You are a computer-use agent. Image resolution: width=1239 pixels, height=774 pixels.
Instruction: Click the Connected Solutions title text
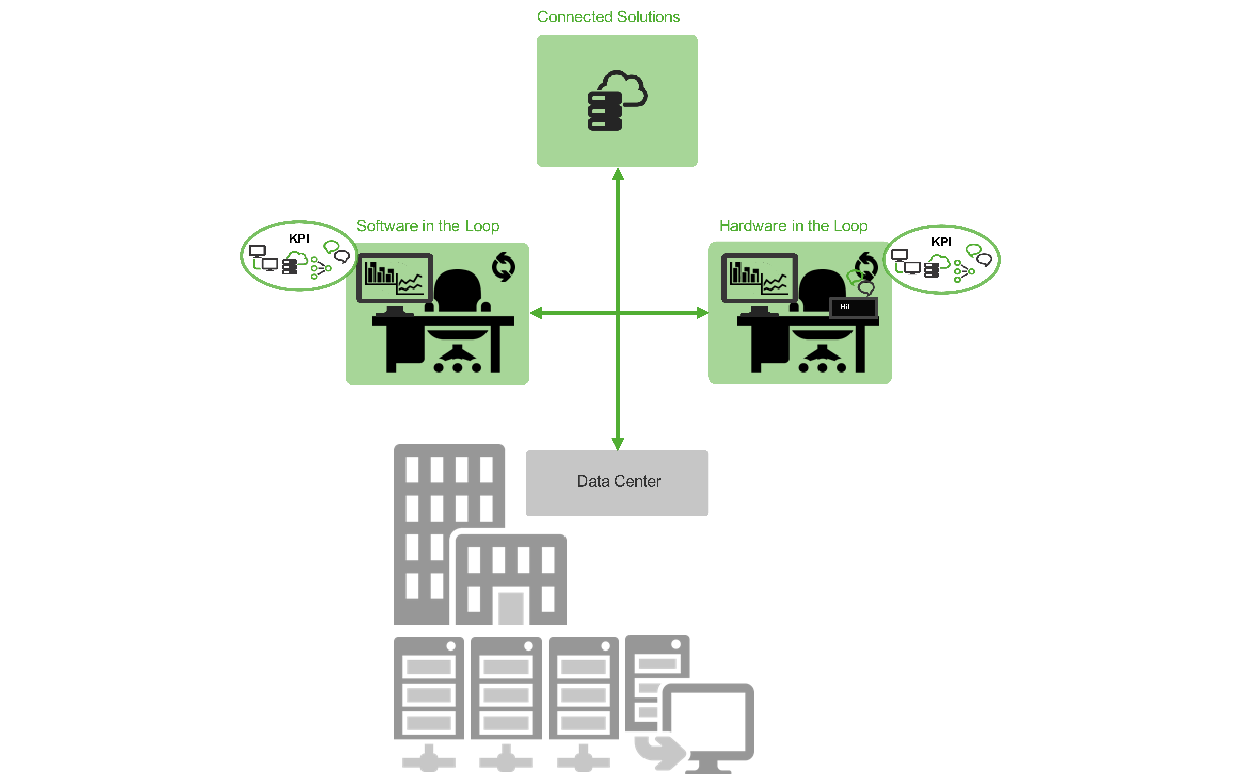[608, 17]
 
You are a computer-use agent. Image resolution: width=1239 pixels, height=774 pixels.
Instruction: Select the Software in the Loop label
[427, 226]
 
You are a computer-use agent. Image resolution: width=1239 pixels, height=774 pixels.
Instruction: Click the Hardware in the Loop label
[793, 226]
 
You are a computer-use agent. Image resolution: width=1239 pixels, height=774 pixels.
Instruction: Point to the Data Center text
[619, 481]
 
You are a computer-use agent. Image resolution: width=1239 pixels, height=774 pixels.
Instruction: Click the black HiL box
[853, 307]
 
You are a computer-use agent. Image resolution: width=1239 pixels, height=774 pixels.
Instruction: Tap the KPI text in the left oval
[299, 239]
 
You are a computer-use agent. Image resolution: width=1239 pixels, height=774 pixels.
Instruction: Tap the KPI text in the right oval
[941, 242]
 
